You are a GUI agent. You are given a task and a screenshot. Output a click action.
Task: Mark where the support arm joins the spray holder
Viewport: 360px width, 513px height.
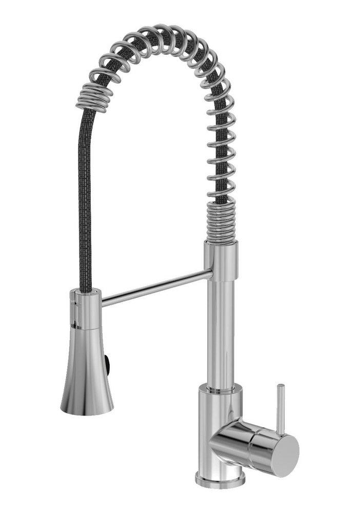click(102, 301)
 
